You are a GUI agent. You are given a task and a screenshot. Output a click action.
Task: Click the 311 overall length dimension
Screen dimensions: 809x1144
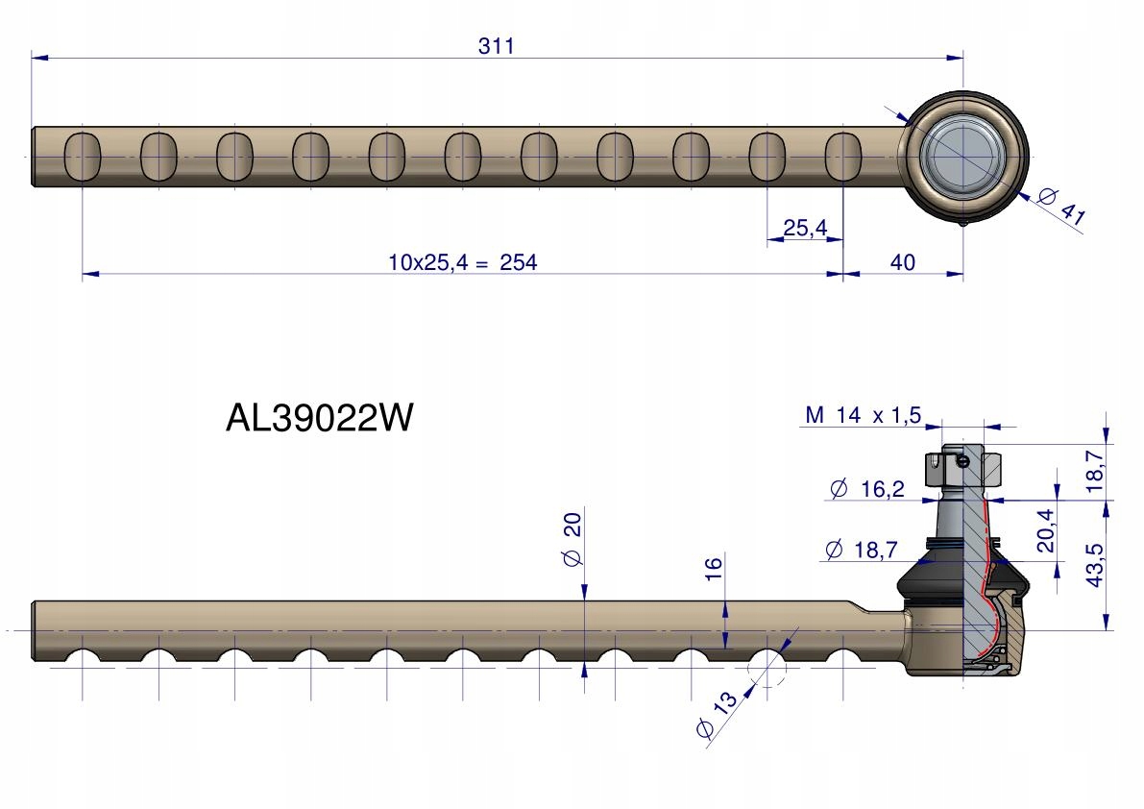[497, 46]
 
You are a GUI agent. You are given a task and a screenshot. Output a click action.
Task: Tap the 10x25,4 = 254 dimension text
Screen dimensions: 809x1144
[462, 262]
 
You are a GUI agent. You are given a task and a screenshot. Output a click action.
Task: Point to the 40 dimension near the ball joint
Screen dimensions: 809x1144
[903, 262]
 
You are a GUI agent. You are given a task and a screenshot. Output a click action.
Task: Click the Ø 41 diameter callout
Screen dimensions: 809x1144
[1060, 208]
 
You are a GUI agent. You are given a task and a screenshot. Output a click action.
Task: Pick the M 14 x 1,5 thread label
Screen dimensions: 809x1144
[863, 415]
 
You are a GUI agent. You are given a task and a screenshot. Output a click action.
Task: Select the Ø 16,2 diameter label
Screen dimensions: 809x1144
[866, 490]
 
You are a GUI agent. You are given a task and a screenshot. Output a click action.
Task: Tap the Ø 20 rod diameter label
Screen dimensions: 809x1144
[572, 540]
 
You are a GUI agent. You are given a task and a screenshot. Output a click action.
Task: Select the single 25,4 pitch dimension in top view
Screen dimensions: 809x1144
[805, 229]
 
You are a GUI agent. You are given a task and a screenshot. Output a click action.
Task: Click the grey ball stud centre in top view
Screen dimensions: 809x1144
[961, 156]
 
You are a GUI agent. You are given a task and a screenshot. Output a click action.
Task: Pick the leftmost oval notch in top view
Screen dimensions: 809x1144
[82, 157]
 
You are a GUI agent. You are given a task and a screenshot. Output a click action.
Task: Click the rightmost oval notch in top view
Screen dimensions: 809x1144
[842, 157]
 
